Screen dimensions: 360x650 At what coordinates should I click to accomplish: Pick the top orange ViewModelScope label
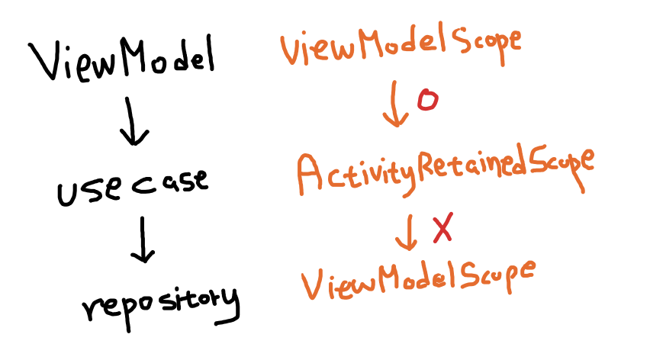[401, 47]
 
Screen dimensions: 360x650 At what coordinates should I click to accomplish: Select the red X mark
[442, 228]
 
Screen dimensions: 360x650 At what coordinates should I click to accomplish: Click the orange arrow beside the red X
[407, 232]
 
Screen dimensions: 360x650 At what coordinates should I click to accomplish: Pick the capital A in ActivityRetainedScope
[313, 174]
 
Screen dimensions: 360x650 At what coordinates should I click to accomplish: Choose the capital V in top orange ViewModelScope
[292, 50]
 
